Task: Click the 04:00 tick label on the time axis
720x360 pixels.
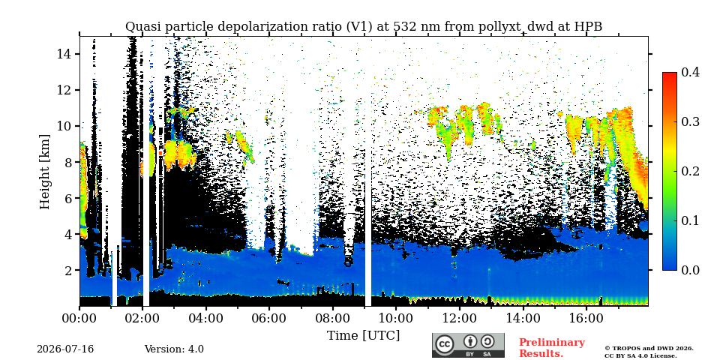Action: (x=206, y=318)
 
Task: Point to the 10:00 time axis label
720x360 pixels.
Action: (x=396, y=318)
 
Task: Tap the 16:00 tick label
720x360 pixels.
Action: (x=586, y=318)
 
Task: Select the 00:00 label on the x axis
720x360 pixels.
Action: (x=79, y=318)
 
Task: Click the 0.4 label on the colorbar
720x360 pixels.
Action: (x=690, y=72)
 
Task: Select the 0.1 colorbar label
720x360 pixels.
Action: (x=690, y=220)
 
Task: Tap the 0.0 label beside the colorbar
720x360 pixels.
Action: (x=690, y=270)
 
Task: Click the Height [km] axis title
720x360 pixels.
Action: (x=44, y=172)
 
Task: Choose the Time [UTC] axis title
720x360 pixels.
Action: (x=363, y=336)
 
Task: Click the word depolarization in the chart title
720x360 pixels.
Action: (x=255, y=27)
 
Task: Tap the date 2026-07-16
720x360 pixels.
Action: (x=65, y=349)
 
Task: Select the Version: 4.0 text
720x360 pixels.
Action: (x=174, y=349)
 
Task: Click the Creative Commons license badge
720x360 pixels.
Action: (x=468, y=345)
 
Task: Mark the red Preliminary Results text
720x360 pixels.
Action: (x=552, y=348)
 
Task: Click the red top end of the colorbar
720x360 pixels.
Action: (x=670, y=74)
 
